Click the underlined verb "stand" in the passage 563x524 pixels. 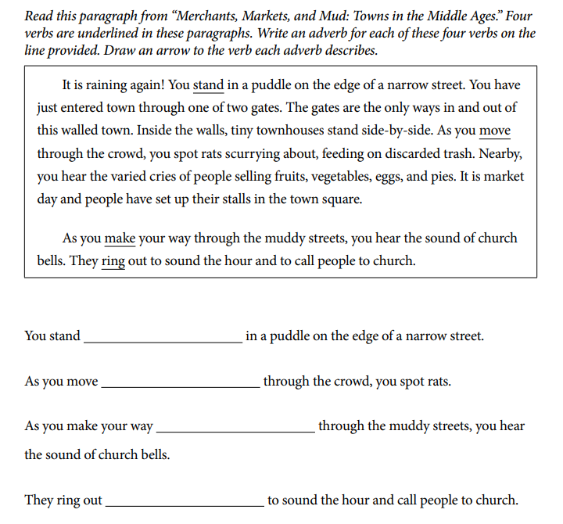click(x=208, y=85)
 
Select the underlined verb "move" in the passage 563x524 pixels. click(x=495, y=130)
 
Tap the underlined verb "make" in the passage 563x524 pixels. click(x=120, y=238)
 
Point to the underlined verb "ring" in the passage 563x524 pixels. click(x=113, y=260)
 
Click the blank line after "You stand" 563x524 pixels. click(x=163, y=338)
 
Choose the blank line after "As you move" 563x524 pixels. click(x=181, y=383)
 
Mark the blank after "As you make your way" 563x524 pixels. click(x=235, y=428)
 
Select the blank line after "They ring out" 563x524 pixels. click(x=185, y=501)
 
